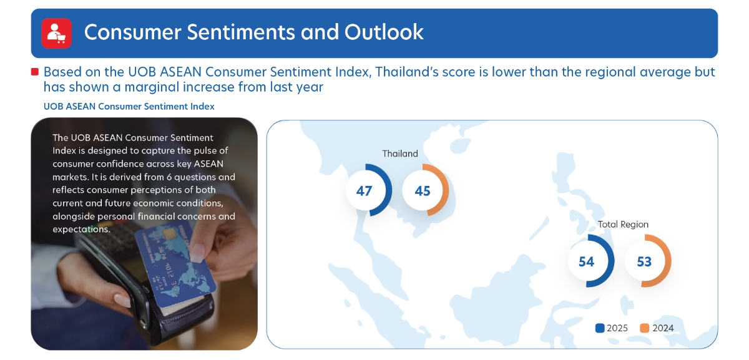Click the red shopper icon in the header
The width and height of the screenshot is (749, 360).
[56, 33]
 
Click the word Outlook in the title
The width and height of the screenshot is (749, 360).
[384, 32]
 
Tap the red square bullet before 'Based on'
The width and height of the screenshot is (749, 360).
[35, 72]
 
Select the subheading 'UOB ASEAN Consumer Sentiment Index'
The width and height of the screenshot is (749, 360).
[129, 106]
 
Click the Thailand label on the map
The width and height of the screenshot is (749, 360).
[400, 153]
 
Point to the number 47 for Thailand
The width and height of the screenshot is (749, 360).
[364, 191]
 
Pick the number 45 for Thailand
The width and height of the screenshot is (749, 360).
[423, 191]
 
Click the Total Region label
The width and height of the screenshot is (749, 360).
[623, 224]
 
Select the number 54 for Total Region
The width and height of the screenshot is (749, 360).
[587, 261]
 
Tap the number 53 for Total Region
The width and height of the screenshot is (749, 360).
[644, 261]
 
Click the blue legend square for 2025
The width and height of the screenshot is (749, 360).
[600, 328]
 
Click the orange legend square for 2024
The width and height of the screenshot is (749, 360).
[644, 328]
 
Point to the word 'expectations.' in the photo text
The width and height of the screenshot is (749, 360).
[81, 230]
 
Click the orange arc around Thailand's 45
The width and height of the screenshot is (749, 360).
[444, 190]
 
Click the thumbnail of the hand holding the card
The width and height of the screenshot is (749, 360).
[144, 233]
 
